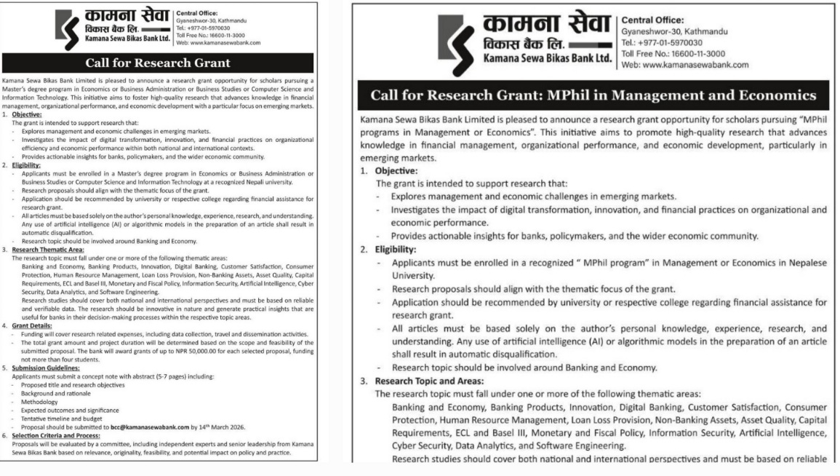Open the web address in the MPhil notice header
684,65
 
